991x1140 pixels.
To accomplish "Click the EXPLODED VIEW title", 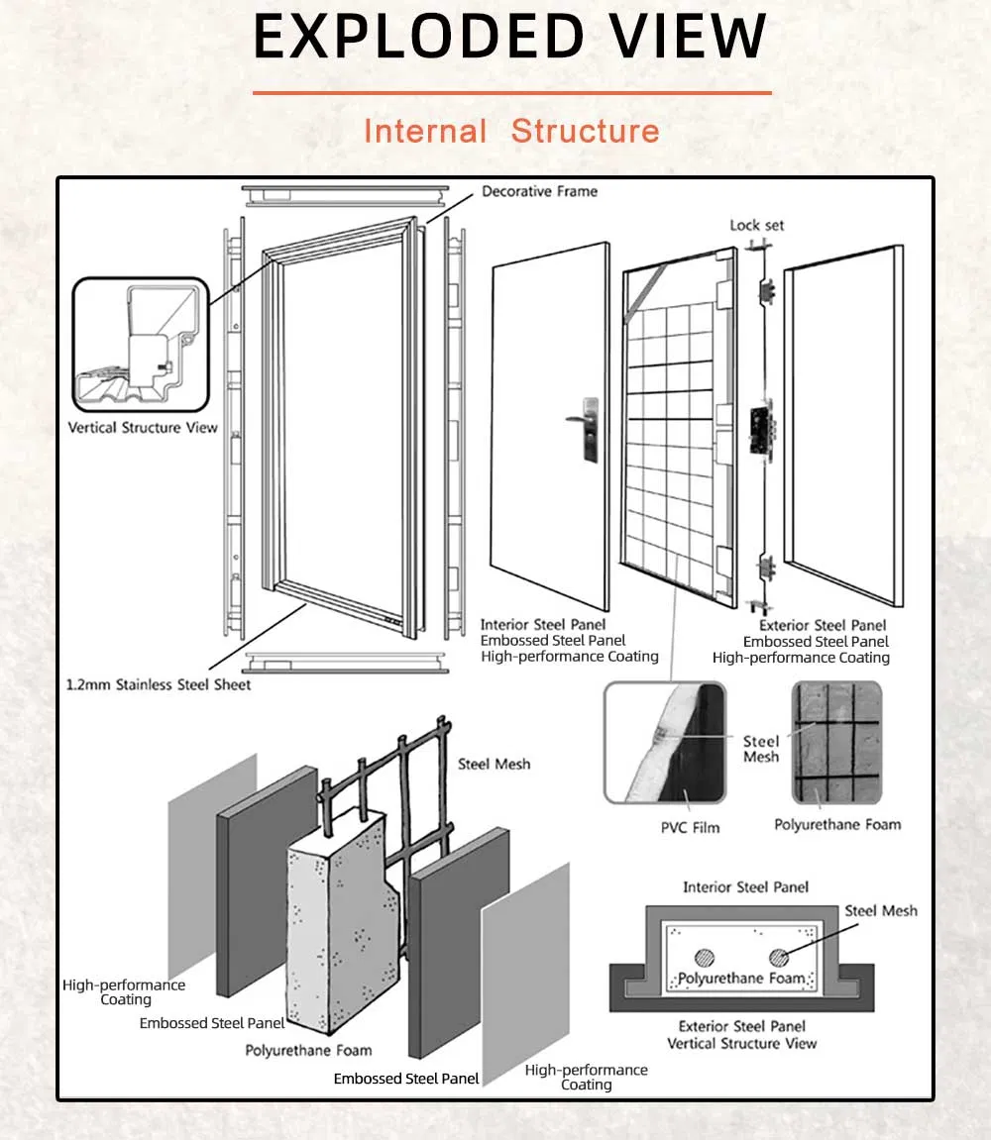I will tap(510, 37).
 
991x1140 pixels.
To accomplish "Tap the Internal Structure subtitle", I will tap(511, 131).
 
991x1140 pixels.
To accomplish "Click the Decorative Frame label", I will tap(539, 191).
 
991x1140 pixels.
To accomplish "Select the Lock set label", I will tap(757, 225).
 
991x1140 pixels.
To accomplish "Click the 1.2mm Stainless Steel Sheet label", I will tap(160, 684).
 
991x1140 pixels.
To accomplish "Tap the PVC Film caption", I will tap(691, 827).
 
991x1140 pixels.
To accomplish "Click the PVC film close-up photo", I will tap(665, 742).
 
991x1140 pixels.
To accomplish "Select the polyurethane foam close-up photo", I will tap(836, 742).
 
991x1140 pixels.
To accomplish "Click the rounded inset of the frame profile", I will tap(140, 345).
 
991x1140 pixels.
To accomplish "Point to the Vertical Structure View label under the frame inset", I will tap(143, 428).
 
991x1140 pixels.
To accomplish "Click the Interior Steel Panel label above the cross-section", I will tap(745, 887).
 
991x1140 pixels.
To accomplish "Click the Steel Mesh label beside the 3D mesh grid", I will tap(494, 764).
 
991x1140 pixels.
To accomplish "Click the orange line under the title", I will tap(511, 93).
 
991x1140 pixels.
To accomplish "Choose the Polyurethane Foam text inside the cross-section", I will tap(741, 979).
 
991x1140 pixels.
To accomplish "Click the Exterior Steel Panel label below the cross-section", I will tap(742, 1026).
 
